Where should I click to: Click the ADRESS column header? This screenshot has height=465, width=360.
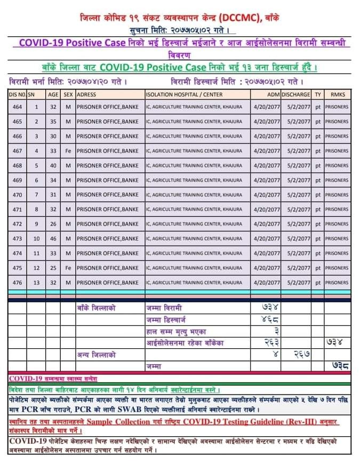click(x=86, y=94)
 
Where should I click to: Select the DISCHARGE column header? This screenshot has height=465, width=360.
click(x=296, y=94)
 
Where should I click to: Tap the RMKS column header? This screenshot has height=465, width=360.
click(x=338, y=94)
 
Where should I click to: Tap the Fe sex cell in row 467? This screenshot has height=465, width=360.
click(x=68, y=151)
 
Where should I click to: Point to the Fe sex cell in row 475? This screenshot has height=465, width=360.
click(x=68, y=268)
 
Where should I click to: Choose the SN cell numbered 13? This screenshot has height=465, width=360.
click(x=36, y=282)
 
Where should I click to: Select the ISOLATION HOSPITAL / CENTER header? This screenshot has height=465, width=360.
click(x=184, y=94)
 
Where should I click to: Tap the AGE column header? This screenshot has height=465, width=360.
click(x=53, y=94)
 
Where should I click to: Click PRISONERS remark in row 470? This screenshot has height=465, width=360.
click(x=337, y=195)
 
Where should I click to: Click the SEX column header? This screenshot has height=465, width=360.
click(x=68, y=94)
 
